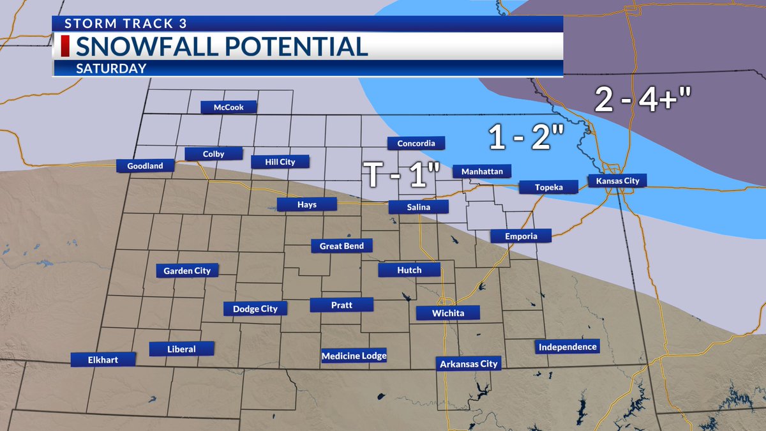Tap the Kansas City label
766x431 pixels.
click(x=617, y=181)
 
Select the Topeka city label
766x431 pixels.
click(x=548, y=187)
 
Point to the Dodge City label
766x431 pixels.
click(x=255, y=308)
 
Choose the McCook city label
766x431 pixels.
click(x=229, y=107)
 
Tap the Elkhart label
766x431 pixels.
click(x=103, y=359)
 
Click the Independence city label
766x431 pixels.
click(x=567, y=347)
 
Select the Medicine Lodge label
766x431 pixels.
click(x=354, y=356)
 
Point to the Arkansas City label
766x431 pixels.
click(x=469, y=364)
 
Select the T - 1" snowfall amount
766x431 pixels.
click(x=402, y=174)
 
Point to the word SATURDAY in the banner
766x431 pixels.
click(x=111, y=68)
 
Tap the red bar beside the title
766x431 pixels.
click(x=64, y=47)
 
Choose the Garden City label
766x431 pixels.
click(x=187, y=271)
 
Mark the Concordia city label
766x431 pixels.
click(x=416, y=143)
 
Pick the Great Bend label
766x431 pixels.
click(x=342, y=246)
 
